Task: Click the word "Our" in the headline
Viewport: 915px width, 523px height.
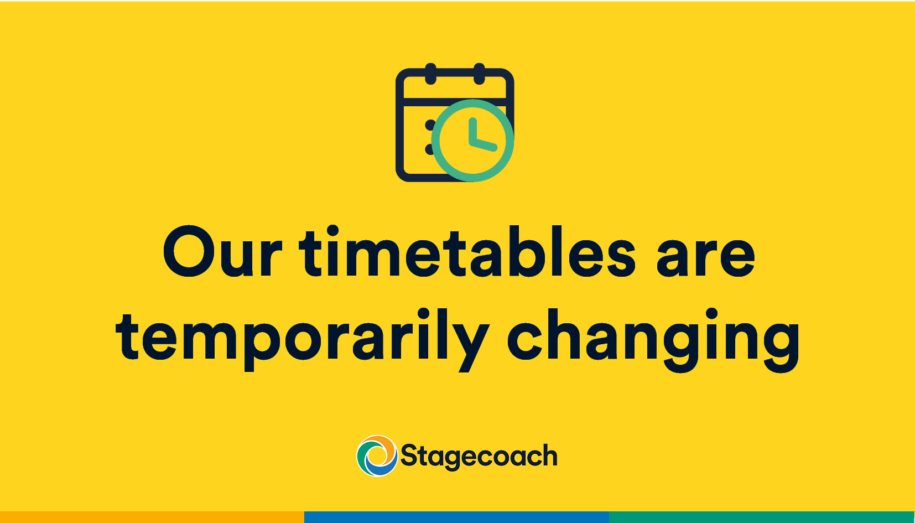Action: [x=221, y=252]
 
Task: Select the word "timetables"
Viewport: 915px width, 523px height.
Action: [x=467, y=252]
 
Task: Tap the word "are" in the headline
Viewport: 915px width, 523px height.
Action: [x=705, y=256]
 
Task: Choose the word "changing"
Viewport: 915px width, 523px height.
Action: [x=653, y=338]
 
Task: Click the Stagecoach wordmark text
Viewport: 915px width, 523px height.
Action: [x=479, y=457]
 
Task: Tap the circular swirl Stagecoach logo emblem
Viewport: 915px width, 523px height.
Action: [x=377, y=456]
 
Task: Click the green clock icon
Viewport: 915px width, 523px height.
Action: [x=472, y=140]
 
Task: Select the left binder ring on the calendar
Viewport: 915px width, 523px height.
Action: [x=431, y=74]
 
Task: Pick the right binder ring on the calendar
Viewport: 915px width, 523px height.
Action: [x=479, y=74]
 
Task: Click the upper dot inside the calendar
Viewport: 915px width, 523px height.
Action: [x=430, y=126]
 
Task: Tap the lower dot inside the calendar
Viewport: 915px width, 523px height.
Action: [x=429, y=149]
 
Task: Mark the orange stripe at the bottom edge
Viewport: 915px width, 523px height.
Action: [x=152, y=517]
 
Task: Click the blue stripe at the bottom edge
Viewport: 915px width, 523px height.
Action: [x=456, y=517]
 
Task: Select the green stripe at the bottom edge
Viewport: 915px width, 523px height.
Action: [x=762, y=517]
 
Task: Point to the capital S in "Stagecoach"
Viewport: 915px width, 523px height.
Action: [x=409, y=455]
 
